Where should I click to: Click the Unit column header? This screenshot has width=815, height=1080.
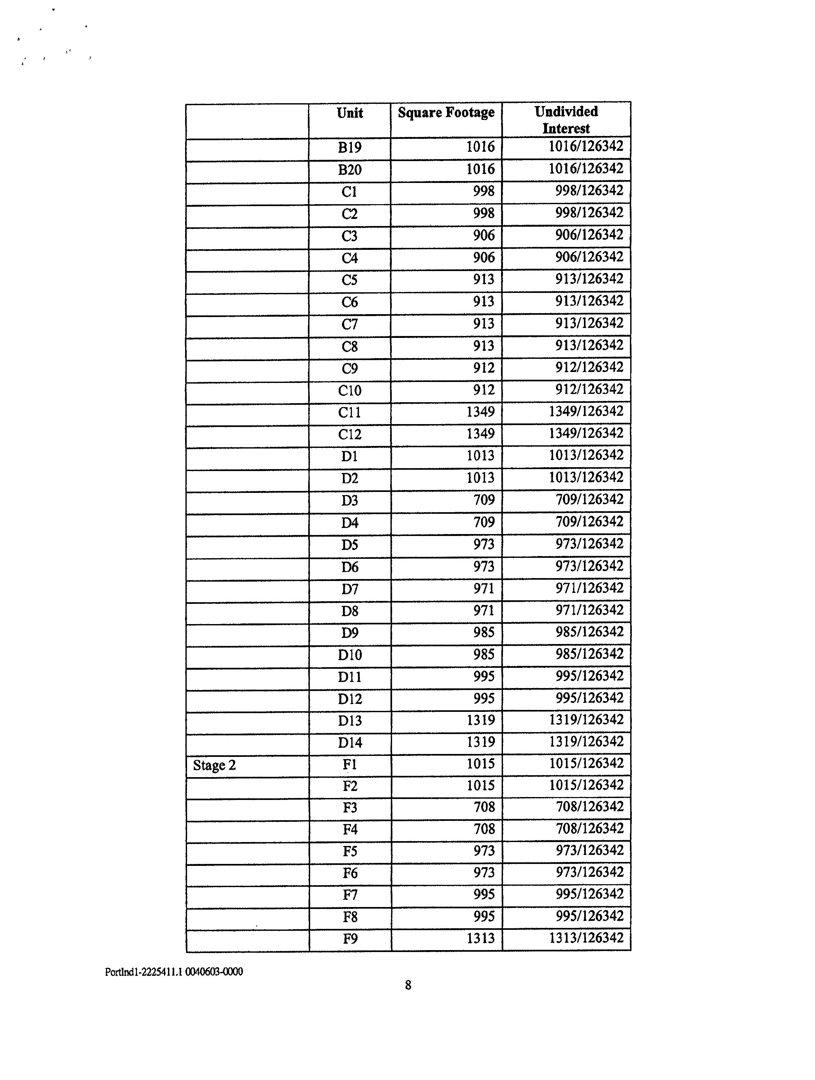tap(349, 114)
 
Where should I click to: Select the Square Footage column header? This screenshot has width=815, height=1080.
tap(446, 113)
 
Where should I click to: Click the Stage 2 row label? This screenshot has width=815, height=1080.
tap(214, 765)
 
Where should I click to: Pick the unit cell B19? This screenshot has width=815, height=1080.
tap(349, 148)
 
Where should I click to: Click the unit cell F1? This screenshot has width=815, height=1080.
tap(349, 765)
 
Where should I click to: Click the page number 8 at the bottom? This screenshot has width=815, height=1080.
tap(408, 985)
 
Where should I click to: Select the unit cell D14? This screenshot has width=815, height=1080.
tap(349, 743)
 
